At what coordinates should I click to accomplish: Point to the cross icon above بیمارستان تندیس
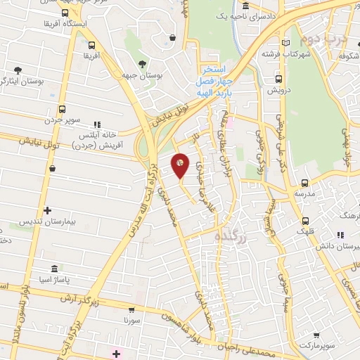(47, 210)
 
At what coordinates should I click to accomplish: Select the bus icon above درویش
(280, 79)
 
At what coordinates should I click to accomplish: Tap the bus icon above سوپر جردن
(63, 109)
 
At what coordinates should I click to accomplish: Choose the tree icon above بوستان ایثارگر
(17, 70)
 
